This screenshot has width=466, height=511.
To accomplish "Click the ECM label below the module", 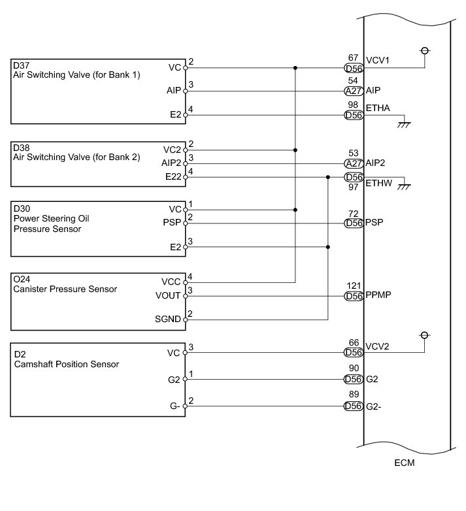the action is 404,463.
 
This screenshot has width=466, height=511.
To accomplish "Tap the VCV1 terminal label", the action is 377,60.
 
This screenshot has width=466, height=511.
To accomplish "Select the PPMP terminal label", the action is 378,295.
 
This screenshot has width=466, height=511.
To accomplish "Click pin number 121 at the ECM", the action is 354,286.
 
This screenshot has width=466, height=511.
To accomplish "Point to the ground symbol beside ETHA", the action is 404,125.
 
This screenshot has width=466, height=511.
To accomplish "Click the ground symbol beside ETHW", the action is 404,187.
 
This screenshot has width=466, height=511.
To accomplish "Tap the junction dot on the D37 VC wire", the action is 295,68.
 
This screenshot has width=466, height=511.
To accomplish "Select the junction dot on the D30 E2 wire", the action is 328,247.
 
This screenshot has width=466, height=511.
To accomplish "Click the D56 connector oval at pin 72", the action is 354,223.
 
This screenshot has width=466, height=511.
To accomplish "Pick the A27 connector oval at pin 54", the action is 354,91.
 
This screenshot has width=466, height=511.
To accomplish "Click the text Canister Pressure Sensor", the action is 65,289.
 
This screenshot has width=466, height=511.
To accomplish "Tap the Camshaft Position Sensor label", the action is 67,364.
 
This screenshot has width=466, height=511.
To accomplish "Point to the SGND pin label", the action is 168,319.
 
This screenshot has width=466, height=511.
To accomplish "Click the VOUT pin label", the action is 168,295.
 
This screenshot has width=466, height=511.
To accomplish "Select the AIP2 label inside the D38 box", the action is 171,163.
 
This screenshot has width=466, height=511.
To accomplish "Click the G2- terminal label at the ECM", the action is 373,406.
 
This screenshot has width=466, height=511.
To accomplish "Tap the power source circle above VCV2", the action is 424,335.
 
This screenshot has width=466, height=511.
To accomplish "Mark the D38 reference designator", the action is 21,148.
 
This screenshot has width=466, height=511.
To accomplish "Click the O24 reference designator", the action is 22,279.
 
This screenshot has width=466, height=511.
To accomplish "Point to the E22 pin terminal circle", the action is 186,177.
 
